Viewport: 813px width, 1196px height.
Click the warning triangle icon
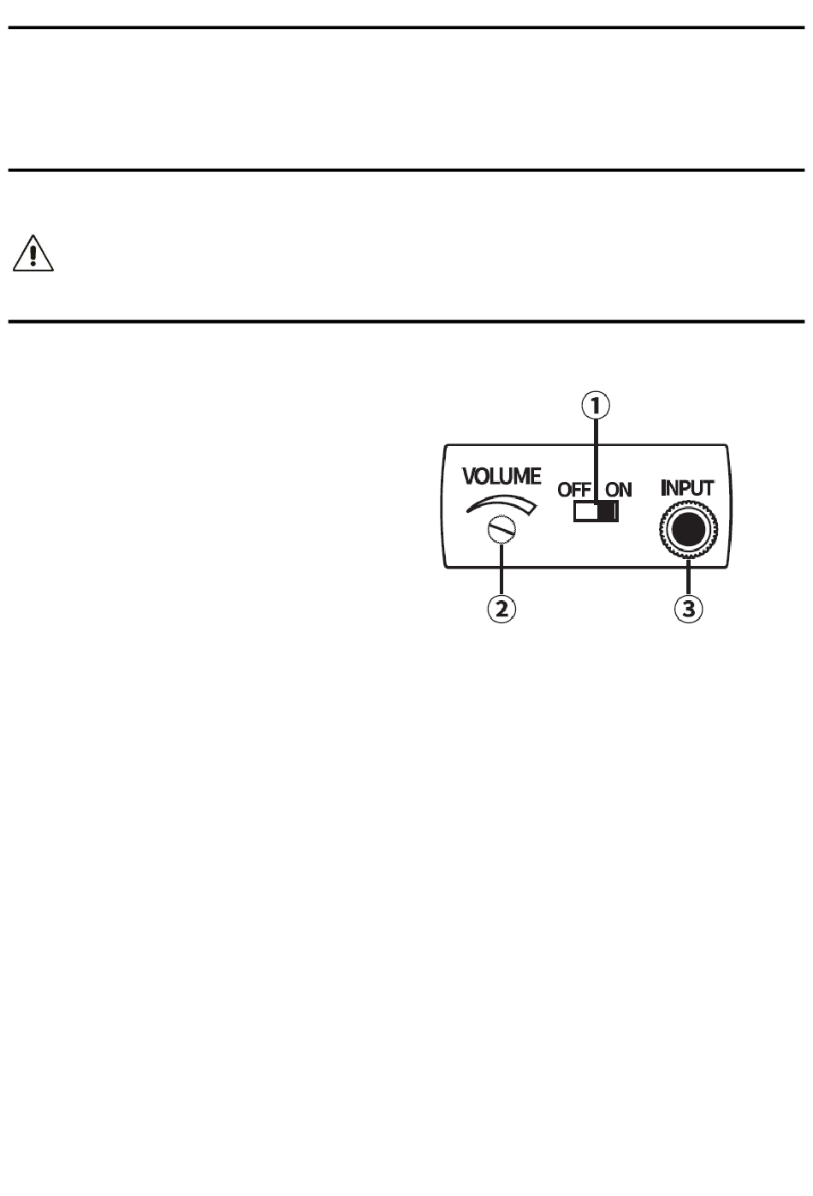(33, 254)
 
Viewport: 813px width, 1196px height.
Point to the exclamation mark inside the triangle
(33, 255)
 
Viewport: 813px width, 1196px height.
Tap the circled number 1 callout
(596, 405)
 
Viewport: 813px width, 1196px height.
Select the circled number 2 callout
(502, 609)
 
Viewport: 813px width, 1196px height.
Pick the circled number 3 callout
(689, 609)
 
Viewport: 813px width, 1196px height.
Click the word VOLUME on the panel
(501, 476)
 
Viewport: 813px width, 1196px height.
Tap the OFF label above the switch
(574, 490)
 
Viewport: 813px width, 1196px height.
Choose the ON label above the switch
(619, 490)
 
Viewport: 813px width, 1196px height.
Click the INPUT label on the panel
(687, 488)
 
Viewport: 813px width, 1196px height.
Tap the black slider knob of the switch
(608, 511)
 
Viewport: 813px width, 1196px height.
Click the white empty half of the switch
(585, 511)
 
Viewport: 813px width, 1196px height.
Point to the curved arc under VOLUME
(503, 503)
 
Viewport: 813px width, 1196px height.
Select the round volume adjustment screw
(501, 532)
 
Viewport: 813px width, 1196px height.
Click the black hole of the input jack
(688, 530)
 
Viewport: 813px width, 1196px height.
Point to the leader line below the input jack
(689, 576)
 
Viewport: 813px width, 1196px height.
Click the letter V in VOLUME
(471, 476)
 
